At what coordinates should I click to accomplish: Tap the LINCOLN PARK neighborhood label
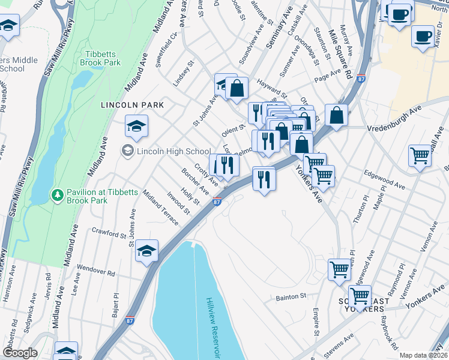[x=124, y=105]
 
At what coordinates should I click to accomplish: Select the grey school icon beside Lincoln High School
[x=127, y=151]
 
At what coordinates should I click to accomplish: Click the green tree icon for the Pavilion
[x=57, y=195]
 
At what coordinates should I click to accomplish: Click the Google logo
[x=20, y=353]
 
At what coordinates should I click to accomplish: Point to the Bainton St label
[x=291, y=296]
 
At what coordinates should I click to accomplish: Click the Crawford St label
[x=107, y=230]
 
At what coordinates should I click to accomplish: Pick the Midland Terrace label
[x=160, y=207]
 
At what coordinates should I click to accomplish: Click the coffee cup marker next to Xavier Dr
[x=423, y=35]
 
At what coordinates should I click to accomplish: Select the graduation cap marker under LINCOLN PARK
[x=136, y=126]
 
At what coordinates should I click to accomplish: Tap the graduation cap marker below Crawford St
[x=146, y=251]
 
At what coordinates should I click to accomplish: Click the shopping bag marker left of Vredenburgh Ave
[x=337, y=115]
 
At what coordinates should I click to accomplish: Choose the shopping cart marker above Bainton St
[x=339, y=270]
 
